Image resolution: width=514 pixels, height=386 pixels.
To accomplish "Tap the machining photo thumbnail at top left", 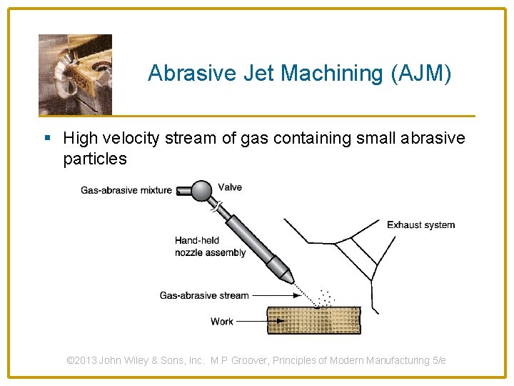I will click(x=75, y=74).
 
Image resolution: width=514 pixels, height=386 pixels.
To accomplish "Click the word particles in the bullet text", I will click(x=95, y=159).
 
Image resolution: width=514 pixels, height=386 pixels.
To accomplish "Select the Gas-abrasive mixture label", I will click(x=126, y=190).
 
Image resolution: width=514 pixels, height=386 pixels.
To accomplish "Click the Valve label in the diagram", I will click(x=230, y=187).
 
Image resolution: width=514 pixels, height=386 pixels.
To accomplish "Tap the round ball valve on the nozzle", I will click(x=203, y=190).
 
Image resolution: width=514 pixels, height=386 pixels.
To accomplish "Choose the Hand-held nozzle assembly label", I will click(x=210, y=247).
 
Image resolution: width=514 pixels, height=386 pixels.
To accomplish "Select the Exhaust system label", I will click(x=420, y=224).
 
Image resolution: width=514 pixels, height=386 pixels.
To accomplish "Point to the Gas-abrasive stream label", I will click(x=204, y=295).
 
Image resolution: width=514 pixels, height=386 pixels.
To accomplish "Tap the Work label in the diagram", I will click(x=222, y=322).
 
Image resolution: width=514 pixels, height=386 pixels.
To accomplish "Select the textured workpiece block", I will click(x=313, y=320).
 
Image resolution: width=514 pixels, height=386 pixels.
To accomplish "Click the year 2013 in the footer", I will click(x=86, y=360).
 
